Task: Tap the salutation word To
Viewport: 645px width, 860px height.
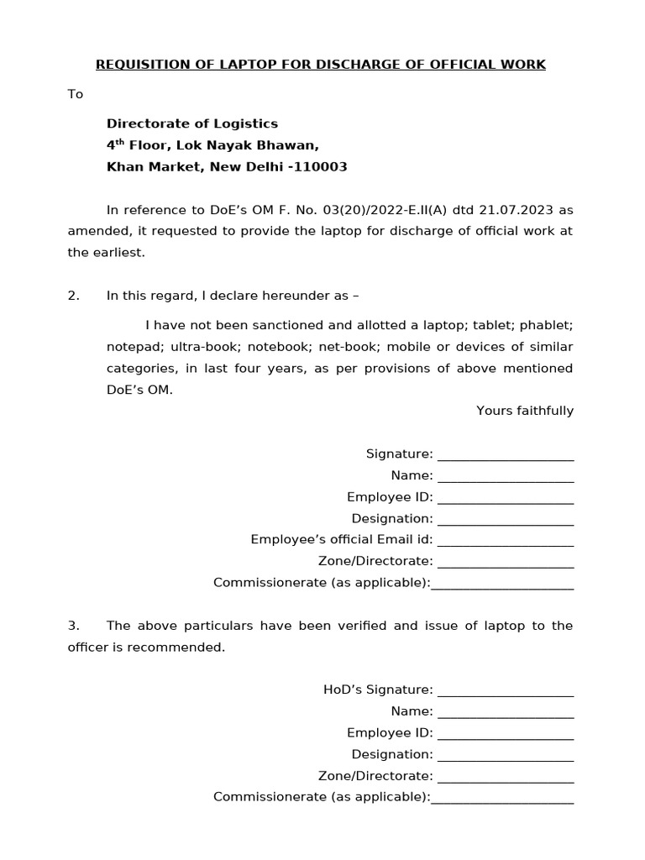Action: coord(76,94)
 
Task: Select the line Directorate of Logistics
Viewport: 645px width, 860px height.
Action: coord(191,123)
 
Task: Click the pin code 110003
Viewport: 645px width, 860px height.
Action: coord(322,167)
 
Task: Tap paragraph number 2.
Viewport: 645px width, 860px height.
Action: coord(73,296)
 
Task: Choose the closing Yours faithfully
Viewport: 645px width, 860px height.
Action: coord(525,411)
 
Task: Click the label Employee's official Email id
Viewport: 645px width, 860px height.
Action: coord(341,540)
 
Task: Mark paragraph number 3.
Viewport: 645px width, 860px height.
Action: coord(73,626)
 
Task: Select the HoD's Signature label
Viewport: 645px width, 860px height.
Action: coord(378,690)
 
